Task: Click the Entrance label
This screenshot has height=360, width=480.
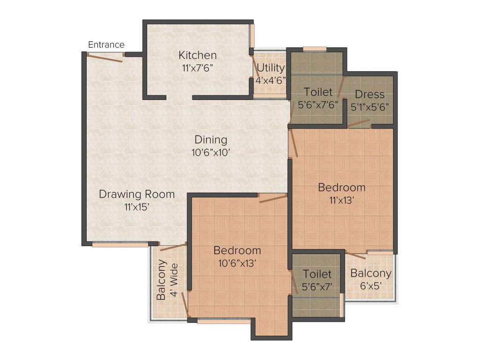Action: click(x=106, y=45)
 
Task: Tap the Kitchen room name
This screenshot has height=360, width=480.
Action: click(x=197, y=55)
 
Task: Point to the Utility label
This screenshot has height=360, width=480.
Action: click(x=270, y=68)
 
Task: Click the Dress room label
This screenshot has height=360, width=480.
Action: click(x=369, y=94)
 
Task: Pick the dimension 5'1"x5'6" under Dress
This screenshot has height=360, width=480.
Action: click(x=370, y=106)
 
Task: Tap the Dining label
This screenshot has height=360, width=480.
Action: click(x=211, y=140)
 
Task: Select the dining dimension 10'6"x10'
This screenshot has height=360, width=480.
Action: click(x=211, y=152)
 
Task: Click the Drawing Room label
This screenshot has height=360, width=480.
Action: click(x=137, y=194)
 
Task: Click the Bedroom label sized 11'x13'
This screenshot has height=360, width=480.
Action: click(x=342, y=187)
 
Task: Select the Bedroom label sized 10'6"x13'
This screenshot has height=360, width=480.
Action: click(x=237, y=250)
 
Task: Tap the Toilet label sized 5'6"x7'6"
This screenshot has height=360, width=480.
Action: click(x=318, y=92)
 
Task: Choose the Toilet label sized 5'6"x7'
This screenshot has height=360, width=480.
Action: click(x=317, y=274)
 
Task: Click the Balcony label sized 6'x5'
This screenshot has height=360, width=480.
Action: click(x=371, y=273)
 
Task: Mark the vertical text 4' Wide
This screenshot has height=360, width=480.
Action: click(x=174, y=281)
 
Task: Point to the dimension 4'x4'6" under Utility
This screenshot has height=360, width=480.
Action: click(x=270, y=80)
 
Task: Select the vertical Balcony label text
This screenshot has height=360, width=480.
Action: click(x=161, y=280)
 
